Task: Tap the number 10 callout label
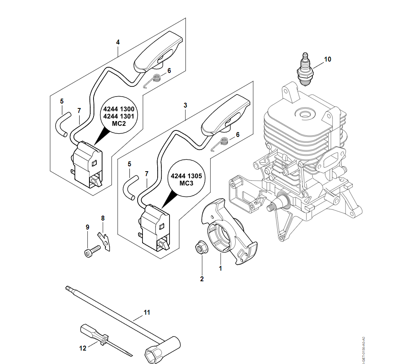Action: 328,59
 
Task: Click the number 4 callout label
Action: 118,42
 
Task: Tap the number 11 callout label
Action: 147,313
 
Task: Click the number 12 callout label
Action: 83,348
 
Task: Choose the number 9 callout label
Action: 87,227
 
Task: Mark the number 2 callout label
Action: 202,279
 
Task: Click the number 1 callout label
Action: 221,269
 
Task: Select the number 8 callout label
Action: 103,218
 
